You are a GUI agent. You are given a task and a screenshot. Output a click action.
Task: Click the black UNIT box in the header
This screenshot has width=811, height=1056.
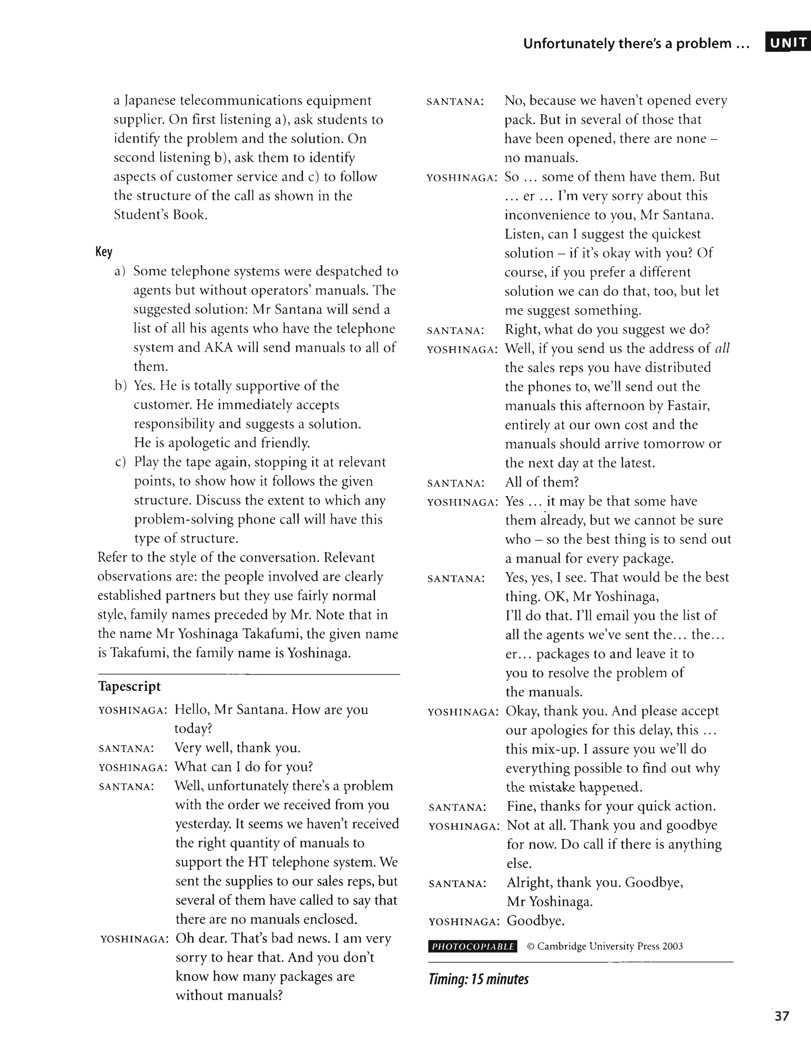[787, 42]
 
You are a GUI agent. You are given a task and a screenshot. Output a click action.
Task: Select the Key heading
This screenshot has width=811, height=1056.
[104, 252]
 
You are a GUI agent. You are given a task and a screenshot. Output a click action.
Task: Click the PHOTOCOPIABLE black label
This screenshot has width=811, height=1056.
[472, 946]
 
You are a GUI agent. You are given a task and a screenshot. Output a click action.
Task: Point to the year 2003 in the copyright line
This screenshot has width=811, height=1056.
[672, 946]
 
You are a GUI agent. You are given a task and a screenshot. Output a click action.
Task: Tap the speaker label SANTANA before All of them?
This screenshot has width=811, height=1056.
[455, 483]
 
